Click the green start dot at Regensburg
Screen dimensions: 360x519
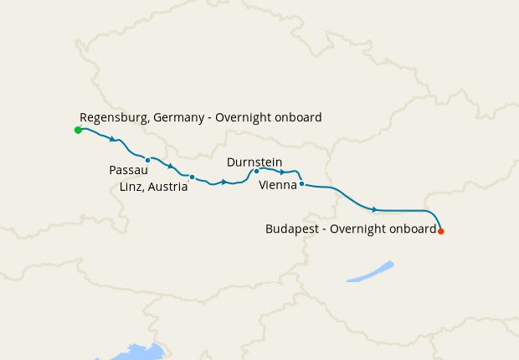pyautogui.click(x=78, y=130)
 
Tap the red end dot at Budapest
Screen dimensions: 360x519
pyautogui.click(x=441, y=231)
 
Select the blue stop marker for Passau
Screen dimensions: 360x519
pyautogui.click(x=147, y=160)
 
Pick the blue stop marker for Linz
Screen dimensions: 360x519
pyautogui.click(x=192, y=177)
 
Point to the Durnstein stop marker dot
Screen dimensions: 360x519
pyautogui.click(x=256, y=171)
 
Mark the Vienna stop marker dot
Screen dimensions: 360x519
pyautogui.click(x=301, y=183)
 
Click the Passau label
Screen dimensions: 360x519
pyautogui.click(x=129, y=170)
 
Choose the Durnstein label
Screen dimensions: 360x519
pyautogui.click(x=254, y=162)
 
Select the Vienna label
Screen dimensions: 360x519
pyautogui.click(x=278, y=185)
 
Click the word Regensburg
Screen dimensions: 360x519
pyautogui.click(x=115, y=118)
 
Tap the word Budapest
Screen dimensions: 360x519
pyautogui.click(x=290, y=229)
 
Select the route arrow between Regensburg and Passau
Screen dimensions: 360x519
pyautogui.click(x=111, y=138)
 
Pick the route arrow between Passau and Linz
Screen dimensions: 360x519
pyautogui.click(x=170, y=166)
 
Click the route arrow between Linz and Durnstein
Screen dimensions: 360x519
pyautogui.click(x=224, y=182)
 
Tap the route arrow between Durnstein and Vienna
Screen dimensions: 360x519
pyautogui.click(x=283, y=172)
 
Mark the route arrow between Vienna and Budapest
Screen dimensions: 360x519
pyautogui.click(x=375, y=209)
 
